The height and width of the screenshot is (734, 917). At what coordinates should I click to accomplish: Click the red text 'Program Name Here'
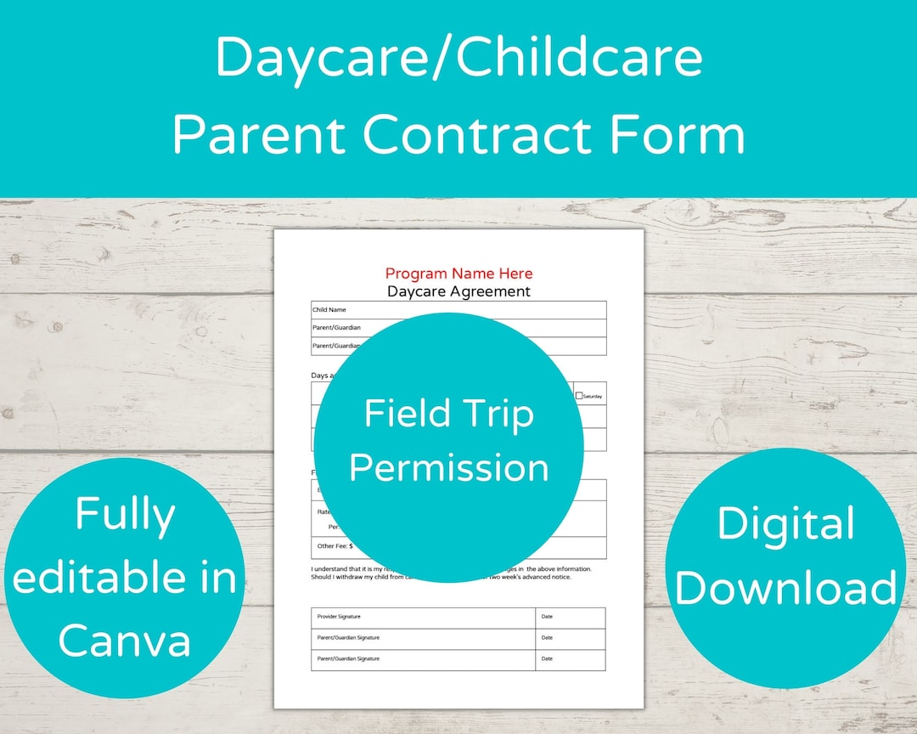(x=458, y=274)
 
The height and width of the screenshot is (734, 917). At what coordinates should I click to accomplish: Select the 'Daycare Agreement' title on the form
(x=458, y=291)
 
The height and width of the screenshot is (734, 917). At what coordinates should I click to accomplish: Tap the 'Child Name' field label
(x=329, y=310)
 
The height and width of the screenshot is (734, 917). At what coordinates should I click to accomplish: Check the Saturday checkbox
(x=579, y=396)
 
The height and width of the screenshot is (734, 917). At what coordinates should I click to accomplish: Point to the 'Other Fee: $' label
(x=335, y=546)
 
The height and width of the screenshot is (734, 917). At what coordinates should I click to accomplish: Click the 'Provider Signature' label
(x=338, y=617)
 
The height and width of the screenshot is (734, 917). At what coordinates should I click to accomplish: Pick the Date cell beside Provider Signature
(x=547, y=617)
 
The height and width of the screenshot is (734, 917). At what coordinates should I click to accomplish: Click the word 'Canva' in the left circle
(x=125, y=639)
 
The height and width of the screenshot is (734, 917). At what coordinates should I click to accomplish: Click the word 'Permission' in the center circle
(x=449, y=468)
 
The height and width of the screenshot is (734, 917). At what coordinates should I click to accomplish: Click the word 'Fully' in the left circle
(x=125, y=515)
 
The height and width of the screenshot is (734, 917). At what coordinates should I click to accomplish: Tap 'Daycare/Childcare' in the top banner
(x=458, y=58)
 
